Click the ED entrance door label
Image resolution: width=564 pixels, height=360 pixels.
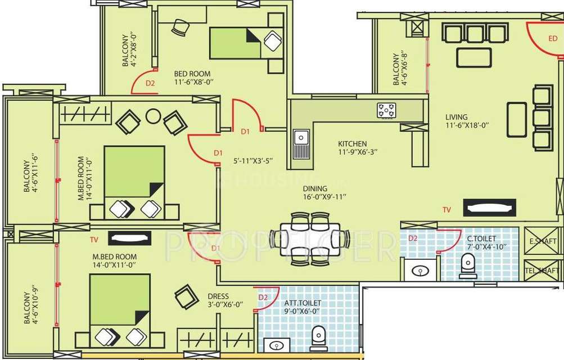pos(553,39)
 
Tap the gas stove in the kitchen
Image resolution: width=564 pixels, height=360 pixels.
pos(386,110)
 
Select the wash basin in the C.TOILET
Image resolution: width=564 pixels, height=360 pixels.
pos(419,271)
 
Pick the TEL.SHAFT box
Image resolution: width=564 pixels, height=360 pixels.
pos(543,270)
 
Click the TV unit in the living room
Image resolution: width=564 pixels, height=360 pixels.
pos(489,208)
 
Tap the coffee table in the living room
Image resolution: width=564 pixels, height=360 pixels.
pos(474,57)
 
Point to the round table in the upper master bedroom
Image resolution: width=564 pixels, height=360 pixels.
pos(153,116)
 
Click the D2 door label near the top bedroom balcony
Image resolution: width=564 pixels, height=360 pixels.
pos(150,83)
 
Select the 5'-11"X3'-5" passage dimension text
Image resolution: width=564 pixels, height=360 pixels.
pos(253,161)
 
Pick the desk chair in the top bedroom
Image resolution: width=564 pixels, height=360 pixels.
pos(181,26)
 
